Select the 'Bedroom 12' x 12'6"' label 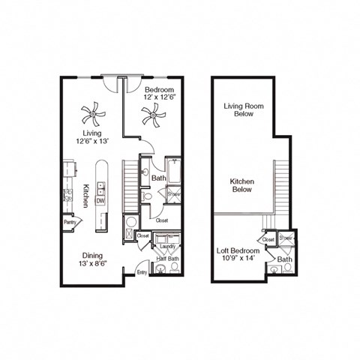tap(159, 93)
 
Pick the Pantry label tap(70, 222)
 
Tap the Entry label tap(142, 272)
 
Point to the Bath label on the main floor tap(159, 178)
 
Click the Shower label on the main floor tap(173, 194)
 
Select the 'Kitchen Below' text tap(242, 185)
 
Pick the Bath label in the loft tap(284, 259)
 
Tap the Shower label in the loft tap(285, 238)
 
